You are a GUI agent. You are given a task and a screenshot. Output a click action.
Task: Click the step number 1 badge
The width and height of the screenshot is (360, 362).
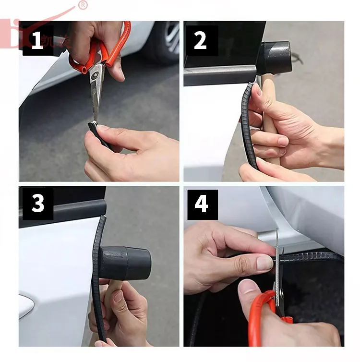tap(37, 41)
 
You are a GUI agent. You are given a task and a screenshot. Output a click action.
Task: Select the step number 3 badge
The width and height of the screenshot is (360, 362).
tap(37, 204)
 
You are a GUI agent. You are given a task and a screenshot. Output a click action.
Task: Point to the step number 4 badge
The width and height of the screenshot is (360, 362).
tap(202, 204)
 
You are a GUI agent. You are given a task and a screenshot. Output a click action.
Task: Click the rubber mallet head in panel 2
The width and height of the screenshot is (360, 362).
tap(275, 57)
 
